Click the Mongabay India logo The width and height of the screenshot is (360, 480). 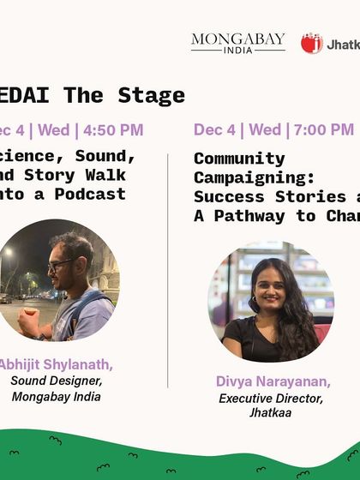click(x=237, y=43)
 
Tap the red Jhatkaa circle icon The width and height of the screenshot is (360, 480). click(x=312, y=43)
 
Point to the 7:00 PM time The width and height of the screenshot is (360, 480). click(x=323, y=130)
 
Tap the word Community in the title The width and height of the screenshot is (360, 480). click(x=227, y=159)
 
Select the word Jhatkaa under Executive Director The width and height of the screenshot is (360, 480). click(x=267, y=413)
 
